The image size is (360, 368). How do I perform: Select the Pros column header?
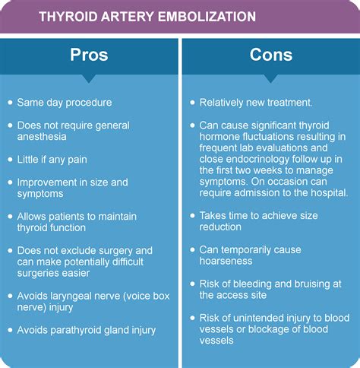(89, 56)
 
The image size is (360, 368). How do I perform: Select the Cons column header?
(270, 56)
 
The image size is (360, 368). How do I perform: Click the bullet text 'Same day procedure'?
(65, 103)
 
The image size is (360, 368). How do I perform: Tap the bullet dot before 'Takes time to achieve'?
(192, 216)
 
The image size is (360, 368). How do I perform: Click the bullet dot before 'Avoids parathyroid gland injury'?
(9, 330)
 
